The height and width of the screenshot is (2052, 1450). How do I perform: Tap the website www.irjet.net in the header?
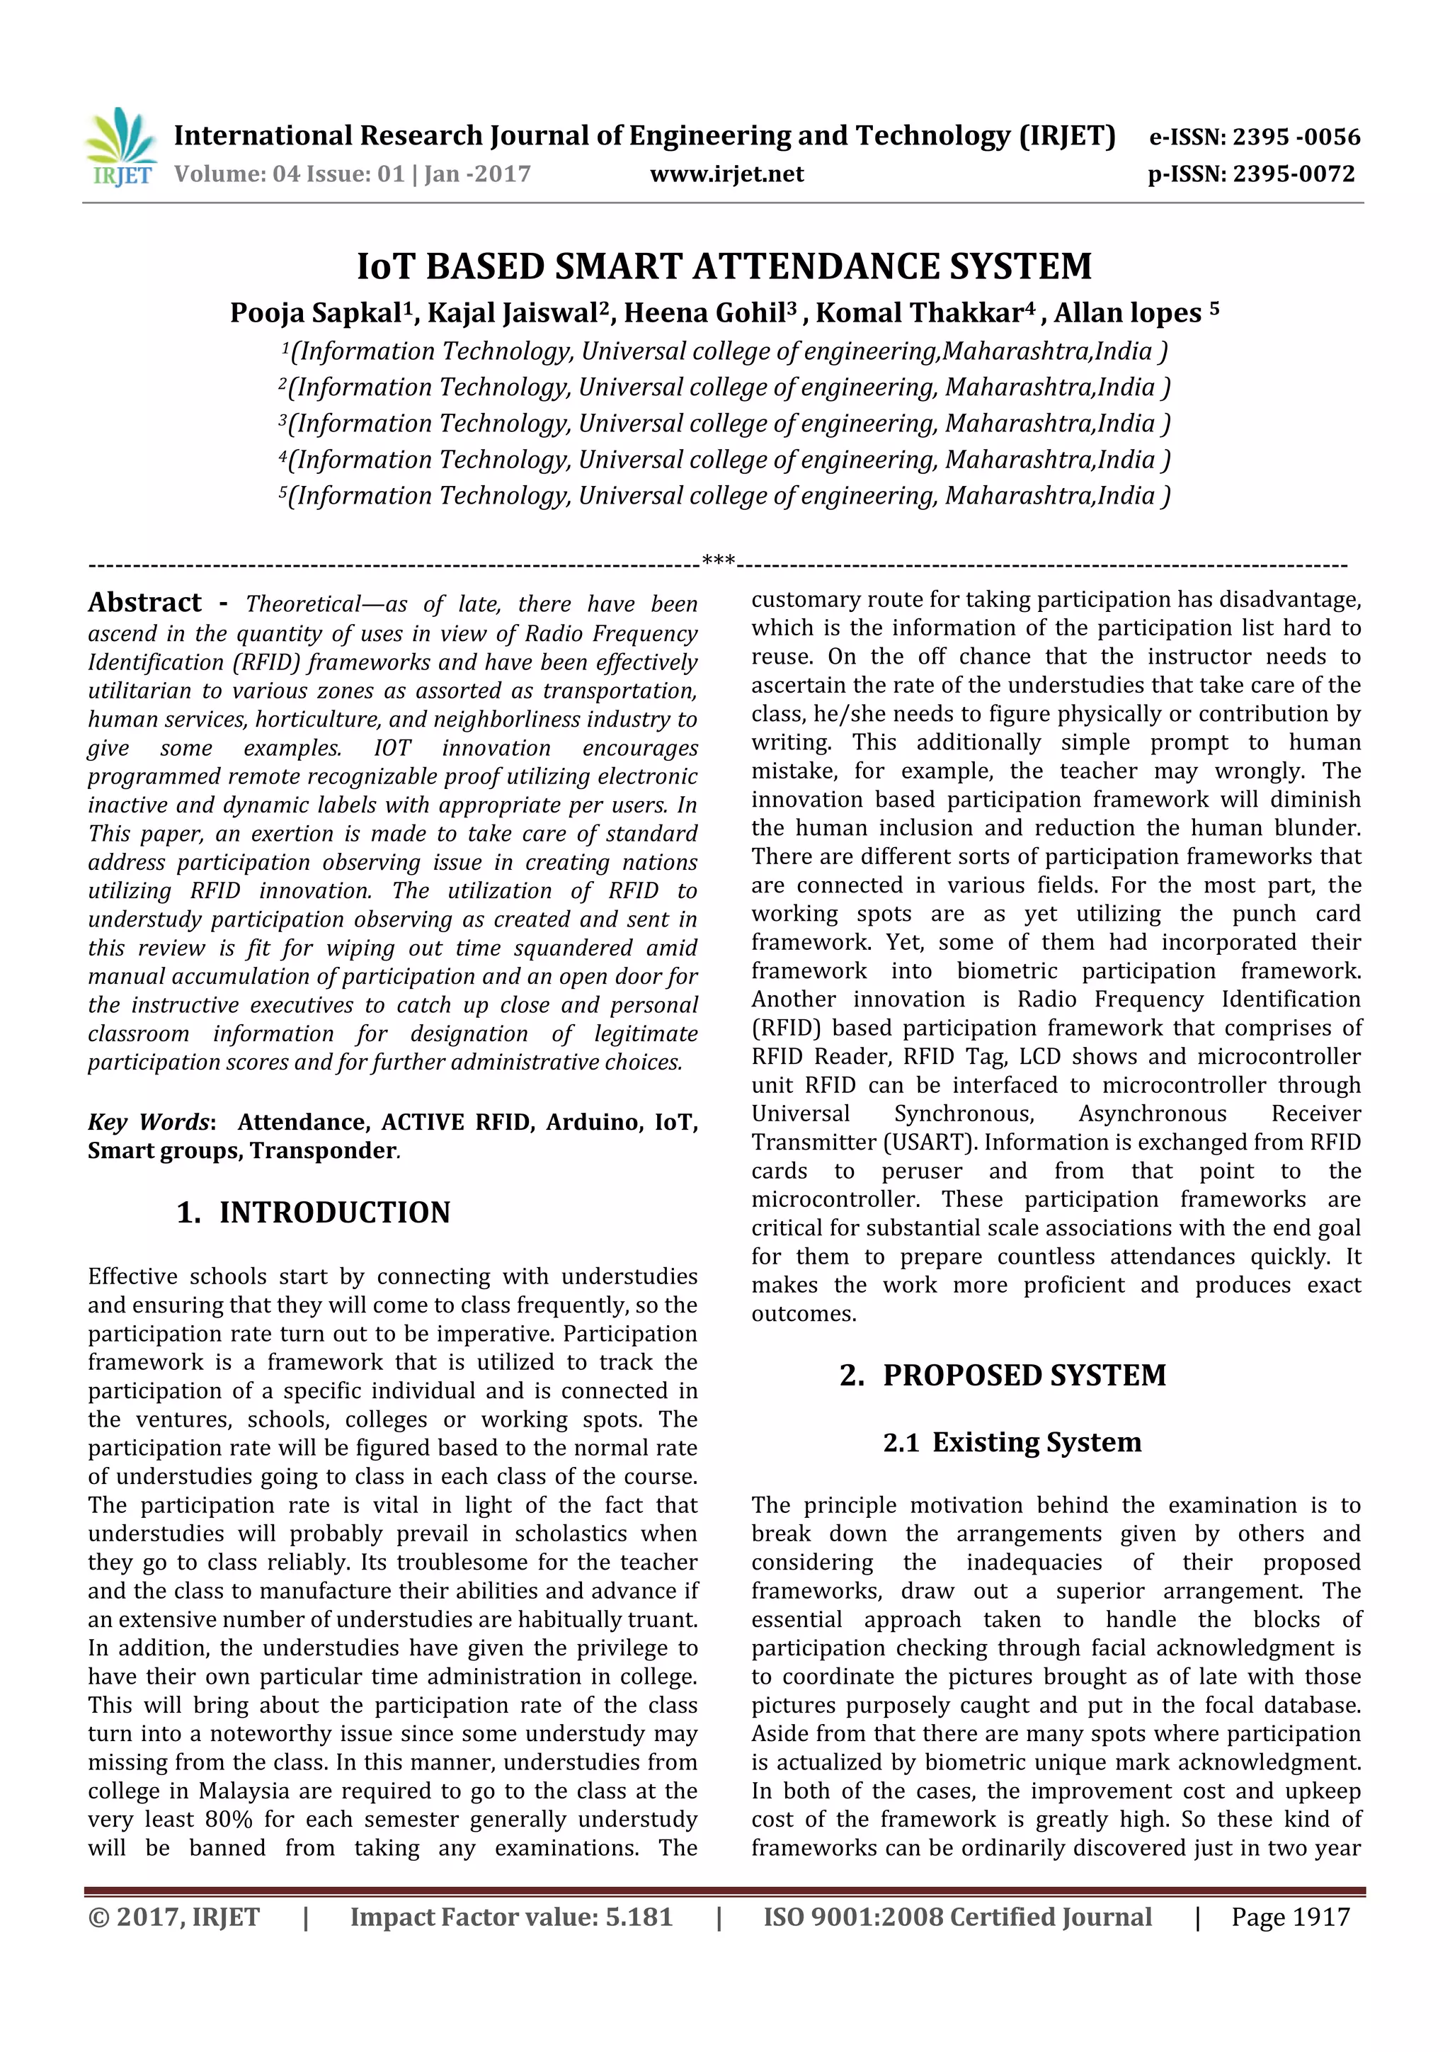726,174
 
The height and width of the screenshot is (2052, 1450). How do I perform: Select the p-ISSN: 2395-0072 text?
1251,174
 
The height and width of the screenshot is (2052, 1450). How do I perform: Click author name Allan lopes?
1127,313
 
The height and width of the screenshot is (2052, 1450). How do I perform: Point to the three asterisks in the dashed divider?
719,561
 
